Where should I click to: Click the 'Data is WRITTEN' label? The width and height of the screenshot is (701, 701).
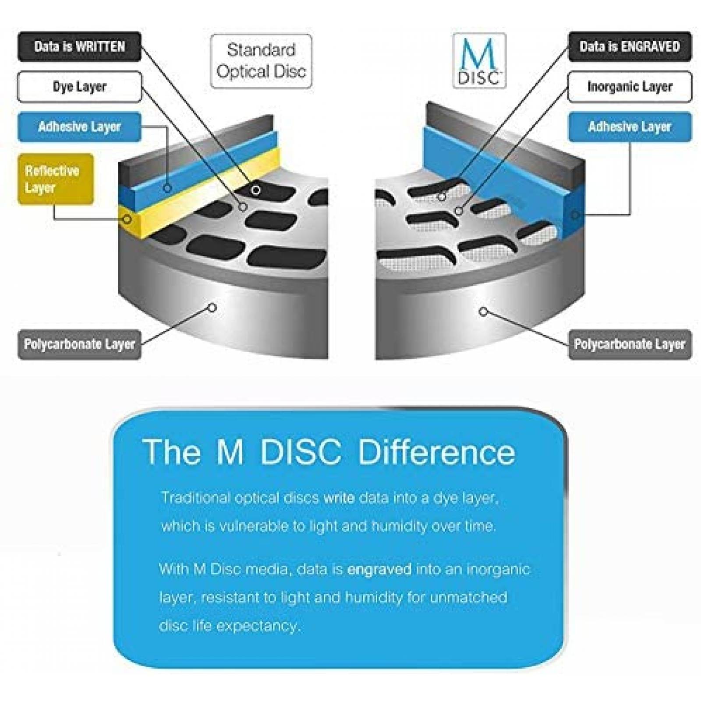[79, 46]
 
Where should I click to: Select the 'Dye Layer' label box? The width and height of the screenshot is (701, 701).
[79, 87]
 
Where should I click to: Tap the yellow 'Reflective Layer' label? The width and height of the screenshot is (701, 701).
[55, 179]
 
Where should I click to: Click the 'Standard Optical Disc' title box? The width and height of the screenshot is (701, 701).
[261, 61]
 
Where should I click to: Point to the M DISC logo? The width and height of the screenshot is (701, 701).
[479, 61]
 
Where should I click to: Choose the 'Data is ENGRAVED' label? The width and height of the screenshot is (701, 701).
[630, 46]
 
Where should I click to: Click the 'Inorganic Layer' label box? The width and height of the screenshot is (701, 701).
[630, 87]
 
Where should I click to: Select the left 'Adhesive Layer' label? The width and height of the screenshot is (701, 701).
[79, 127]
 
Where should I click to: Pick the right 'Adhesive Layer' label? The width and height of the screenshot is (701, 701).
[630, 127]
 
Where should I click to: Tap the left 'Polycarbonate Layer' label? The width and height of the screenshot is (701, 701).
[79, 344]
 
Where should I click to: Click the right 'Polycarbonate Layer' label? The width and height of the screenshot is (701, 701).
[630, 344]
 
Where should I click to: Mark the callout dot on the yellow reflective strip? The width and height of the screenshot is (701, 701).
[127, 219]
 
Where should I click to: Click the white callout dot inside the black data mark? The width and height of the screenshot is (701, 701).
[256, 190]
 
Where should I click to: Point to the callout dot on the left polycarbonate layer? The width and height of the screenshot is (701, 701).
[212, 308]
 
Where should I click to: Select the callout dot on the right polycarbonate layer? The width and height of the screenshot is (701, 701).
[483, 312]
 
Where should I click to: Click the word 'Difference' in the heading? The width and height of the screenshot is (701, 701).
[436, 452]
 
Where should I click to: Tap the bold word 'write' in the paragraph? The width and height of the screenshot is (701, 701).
[339, 498]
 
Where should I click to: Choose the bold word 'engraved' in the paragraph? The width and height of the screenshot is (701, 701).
[379, 570]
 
